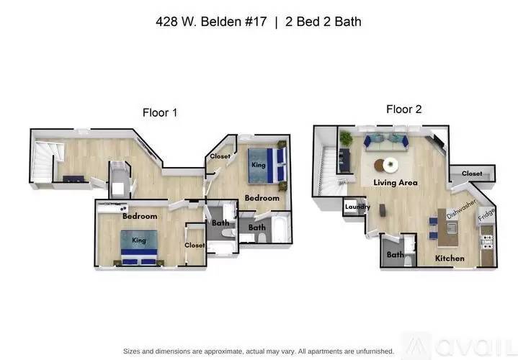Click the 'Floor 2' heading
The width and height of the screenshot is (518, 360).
point(403,109)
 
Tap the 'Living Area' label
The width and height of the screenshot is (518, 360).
point(396,183)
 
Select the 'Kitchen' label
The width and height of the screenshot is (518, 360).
point(450,258)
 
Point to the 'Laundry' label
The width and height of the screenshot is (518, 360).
point(357,207)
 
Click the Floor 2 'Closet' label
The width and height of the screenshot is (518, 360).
point(472,174)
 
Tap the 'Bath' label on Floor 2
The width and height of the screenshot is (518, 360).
point(395,254)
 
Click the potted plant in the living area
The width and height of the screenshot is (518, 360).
point(346,139)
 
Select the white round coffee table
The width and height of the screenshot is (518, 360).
point(390,165)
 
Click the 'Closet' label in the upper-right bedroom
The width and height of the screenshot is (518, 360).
point(220,156)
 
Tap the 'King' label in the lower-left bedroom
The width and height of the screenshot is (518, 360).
point(138,240)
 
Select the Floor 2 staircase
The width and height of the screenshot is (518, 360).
point(329,167)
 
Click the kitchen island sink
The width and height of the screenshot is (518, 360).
point(452,232)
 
